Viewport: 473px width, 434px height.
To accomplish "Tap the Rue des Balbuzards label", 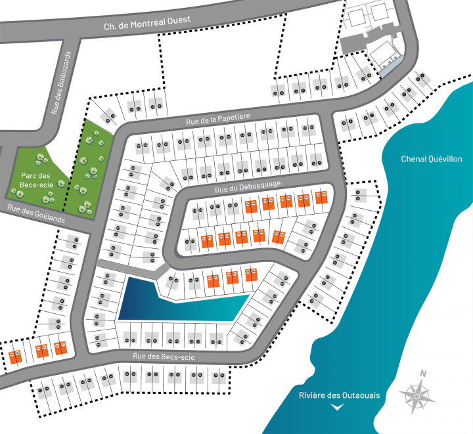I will pos(60,83).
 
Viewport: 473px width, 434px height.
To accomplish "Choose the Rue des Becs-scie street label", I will pos(164,357).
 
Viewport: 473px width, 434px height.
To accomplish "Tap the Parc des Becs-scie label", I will pos(35,181).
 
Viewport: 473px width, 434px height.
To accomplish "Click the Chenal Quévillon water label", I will pos(431,159).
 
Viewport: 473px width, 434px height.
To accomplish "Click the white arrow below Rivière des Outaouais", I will pos(338,407).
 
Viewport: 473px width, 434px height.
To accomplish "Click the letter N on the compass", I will pos(424,374).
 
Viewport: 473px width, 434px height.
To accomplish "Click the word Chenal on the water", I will pos(415,159).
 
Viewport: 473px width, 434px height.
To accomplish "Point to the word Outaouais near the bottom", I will pos(359,395).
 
